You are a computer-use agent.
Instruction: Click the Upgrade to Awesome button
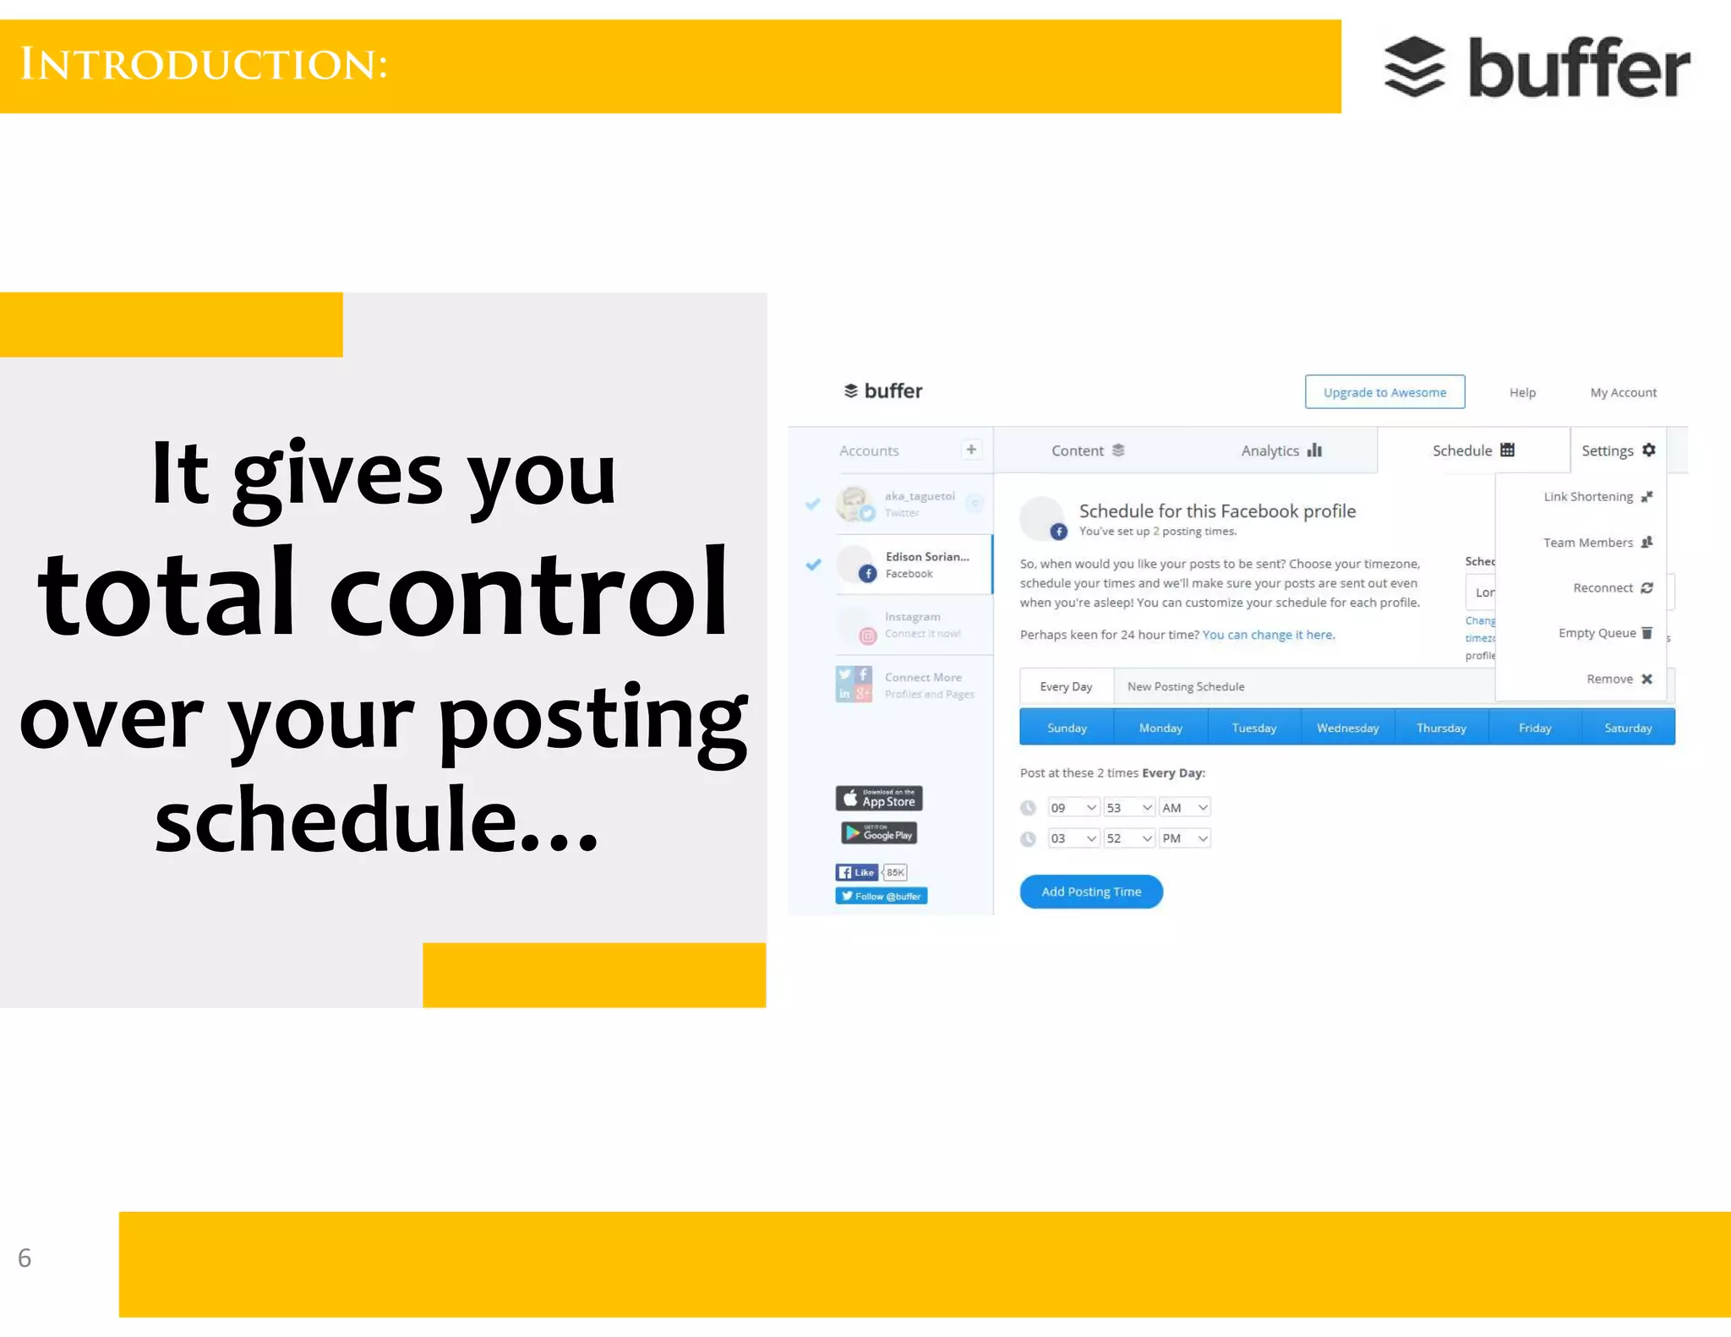click(1384, 392)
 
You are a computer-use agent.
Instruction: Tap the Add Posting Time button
click(1090, 892)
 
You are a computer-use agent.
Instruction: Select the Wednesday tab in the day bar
click(1347, 728)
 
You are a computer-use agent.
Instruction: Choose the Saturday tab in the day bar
click(1627, 728)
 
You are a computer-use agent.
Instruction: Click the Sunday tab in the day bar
click(1067, 728)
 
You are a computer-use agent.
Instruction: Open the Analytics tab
click(1281, 450)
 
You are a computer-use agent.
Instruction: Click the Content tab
click(1087, 450)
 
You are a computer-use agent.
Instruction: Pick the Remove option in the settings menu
click(1618, 679)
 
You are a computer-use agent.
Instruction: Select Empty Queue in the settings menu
click(1604, 633)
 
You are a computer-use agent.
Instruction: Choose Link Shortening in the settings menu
click(1596, 497)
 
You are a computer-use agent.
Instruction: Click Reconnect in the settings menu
click(1611, 587)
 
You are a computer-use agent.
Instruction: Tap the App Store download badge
click(879, 799)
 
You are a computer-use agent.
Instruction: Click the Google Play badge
click(879, 834)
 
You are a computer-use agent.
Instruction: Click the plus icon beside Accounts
click(971, 450)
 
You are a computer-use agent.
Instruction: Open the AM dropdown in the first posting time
click(1185, 808)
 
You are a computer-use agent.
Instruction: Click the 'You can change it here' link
click(1268, 635)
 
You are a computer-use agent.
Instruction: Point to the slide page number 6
click(25, 1258)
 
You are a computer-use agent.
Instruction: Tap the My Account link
click(1623, 392)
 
